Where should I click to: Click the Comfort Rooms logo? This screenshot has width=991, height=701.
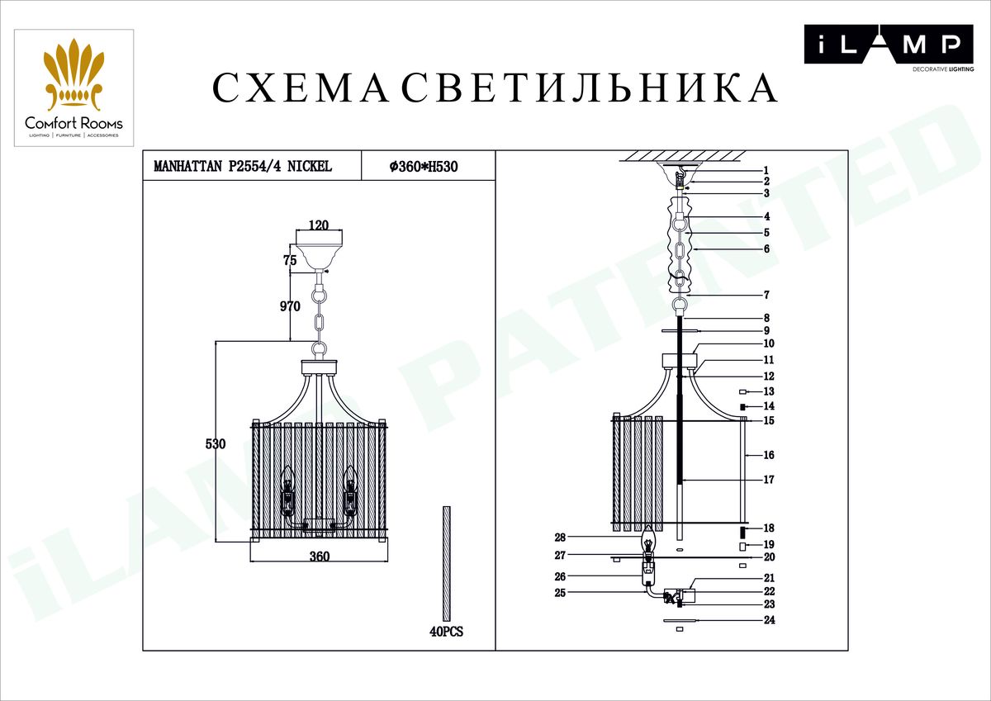[x=73, y=88]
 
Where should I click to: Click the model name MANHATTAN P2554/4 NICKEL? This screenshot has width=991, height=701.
[x=243, y=166]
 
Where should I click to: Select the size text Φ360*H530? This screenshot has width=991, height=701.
[x=423, y=166]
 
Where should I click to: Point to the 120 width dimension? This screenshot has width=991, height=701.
[x=318, y=225]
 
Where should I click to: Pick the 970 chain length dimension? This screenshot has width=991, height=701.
[x=289, y=306]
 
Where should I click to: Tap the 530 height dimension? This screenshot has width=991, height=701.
[x=216, y=443]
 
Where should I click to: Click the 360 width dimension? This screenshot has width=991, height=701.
[x=319, y=556]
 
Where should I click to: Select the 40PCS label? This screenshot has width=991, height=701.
[x=446, y=632]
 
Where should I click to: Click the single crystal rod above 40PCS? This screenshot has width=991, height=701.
[x=447, y=563]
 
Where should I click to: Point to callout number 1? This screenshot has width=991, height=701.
[x=766, y=169]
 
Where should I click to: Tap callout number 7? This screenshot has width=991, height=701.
[x=766, y=295]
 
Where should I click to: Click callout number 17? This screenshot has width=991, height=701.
[x=768, y=480]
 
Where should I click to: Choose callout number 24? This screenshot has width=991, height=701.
[x=768, y=620]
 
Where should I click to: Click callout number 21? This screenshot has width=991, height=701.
[x=768, y=578]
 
